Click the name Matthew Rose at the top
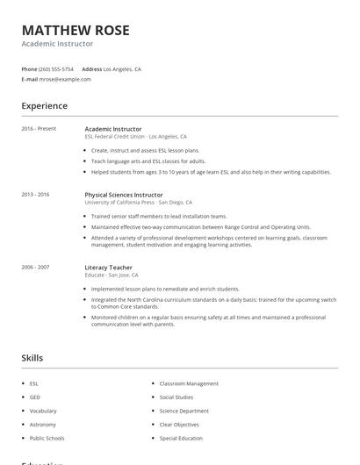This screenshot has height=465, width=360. [76, 30]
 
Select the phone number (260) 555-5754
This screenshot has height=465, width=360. [56, 68]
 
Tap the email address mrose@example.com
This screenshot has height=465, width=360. [65, 79]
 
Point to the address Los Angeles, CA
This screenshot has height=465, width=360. [122, 68]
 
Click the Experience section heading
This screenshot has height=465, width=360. [44, 106]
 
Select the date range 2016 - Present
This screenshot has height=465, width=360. [39, 129]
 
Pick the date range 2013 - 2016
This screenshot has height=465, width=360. [36, 195]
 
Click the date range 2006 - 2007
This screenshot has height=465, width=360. [36, 267]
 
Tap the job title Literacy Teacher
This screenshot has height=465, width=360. [108, 267]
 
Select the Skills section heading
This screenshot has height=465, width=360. [32, 358]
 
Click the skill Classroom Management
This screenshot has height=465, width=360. [189, 383]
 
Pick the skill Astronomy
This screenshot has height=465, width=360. [43, 424]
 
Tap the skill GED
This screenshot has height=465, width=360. [34, 397]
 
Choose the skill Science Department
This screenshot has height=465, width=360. [184, 411]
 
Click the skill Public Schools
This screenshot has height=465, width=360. [47, 438]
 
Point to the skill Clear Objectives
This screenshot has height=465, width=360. [181, 424]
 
